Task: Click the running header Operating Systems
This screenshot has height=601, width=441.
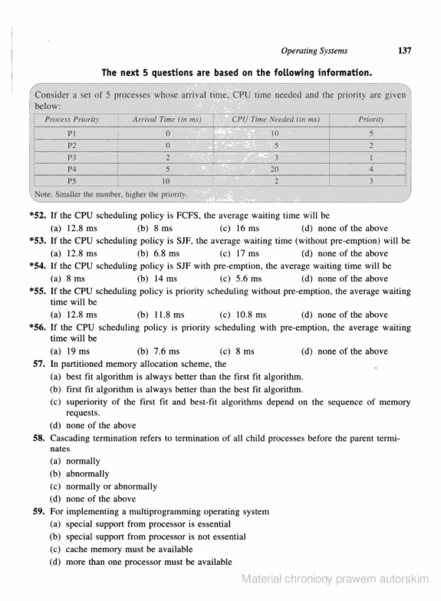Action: tap(314, 51)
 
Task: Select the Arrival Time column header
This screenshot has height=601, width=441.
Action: tap(167, 119)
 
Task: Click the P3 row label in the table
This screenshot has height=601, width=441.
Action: tap(71, 158)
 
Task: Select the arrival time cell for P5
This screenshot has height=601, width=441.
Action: tap(166, 181)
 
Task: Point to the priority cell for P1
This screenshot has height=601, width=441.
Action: tap(371, 133)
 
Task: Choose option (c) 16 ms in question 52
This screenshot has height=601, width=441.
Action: tap(239, 228)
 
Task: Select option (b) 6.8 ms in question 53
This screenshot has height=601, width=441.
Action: tap(158, 253)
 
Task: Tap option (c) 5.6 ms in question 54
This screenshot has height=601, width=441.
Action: tap(241, 279)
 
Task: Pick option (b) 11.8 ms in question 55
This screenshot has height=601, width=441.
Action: tap(161, 315)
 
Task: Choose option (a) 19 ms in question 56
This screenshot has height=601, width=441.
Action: tap(70, 351)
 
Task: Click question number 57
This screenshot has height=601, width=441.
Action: tap(39, 364)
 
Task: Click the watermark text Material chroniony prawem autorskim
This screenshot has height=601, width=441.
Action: tap(335, 579)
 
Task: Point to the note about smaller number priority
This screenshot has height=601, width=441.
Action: tap(111, 194)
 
